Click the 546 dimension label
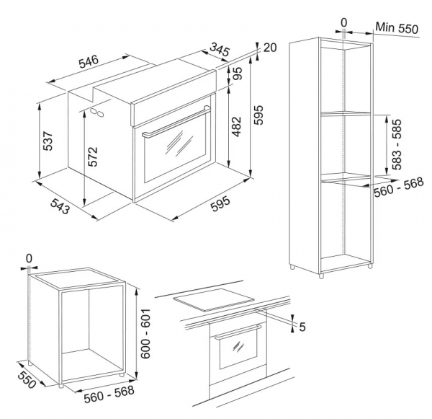[x=89, y=61]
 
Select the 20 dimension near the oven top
[x=270, y=48]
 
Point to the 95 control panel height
[x=238, y=74]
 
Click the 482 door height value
[x=236, y=127]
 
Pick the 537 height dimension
[x=48, y=141]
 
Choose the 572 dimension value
[x=93, y=156]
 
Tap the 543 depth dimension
[x=60, y=206]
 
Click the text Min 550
[x=397, y=28]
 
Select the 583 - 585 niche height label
[x=397, y=144]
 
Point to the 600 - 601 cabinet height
[x=145, y=333]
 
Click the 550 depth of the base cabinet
[x=27, y=379]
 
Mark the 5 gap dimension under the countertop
[x=302, y=327]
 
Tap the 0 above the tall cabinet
[x=344, y=23]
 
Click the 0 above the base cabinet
[x=29, y=259]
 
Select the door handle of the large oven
[x=176, y=120]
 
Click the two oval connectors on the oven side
[x=98, y=112]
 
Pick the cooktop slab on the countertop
[x=214, y=300]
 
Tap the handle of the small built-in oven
[x=238, y=332]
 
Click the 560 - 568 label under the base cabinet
[x=109, y=394]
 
